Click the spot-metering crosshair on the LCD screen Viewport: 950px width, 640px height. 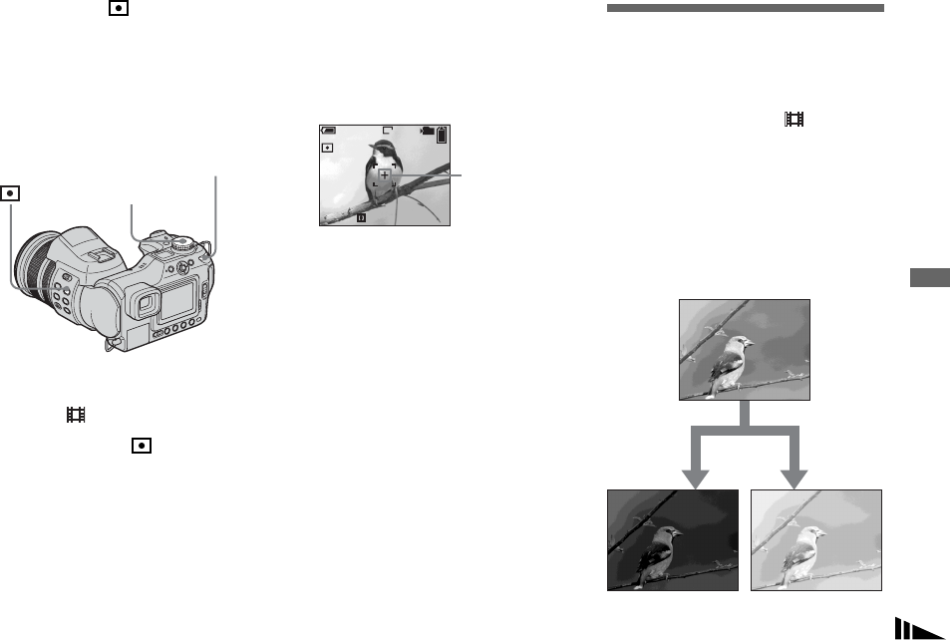tap(385, 175)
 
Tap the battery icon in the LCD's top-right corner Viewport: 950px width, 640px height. tap(442, 137)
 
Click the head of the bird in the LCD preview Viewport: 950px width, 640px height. tap(380, 153)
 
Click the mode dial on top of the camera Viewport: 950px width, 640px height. tap(180, 242)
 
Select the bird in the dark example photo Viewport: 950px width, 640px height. tap(661, 551)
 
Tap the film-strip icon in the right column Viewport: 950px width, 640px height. tap(794, 119)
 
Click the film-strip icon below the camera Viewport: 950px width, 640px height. tap(74, 413)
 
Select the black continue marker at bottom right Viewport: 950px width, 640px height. tap(918, 628)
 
